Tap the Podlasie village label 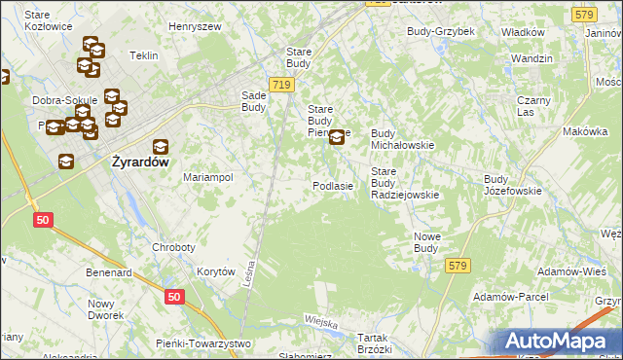(332, 186)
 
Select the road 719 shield (281, 86)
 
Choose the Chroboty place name (173, 247)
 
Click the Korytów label (216, 272)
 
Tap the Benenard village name (108, 273)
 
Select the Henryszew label (195, 27)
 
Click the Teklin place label (143, 55)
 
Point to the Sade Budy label (260, 102)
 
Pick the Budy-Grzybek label (440, 31)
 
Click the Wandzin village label (531, 58)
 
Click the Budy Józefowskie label (512, 185)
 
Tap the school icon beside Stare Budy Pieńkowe (337, 137)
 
